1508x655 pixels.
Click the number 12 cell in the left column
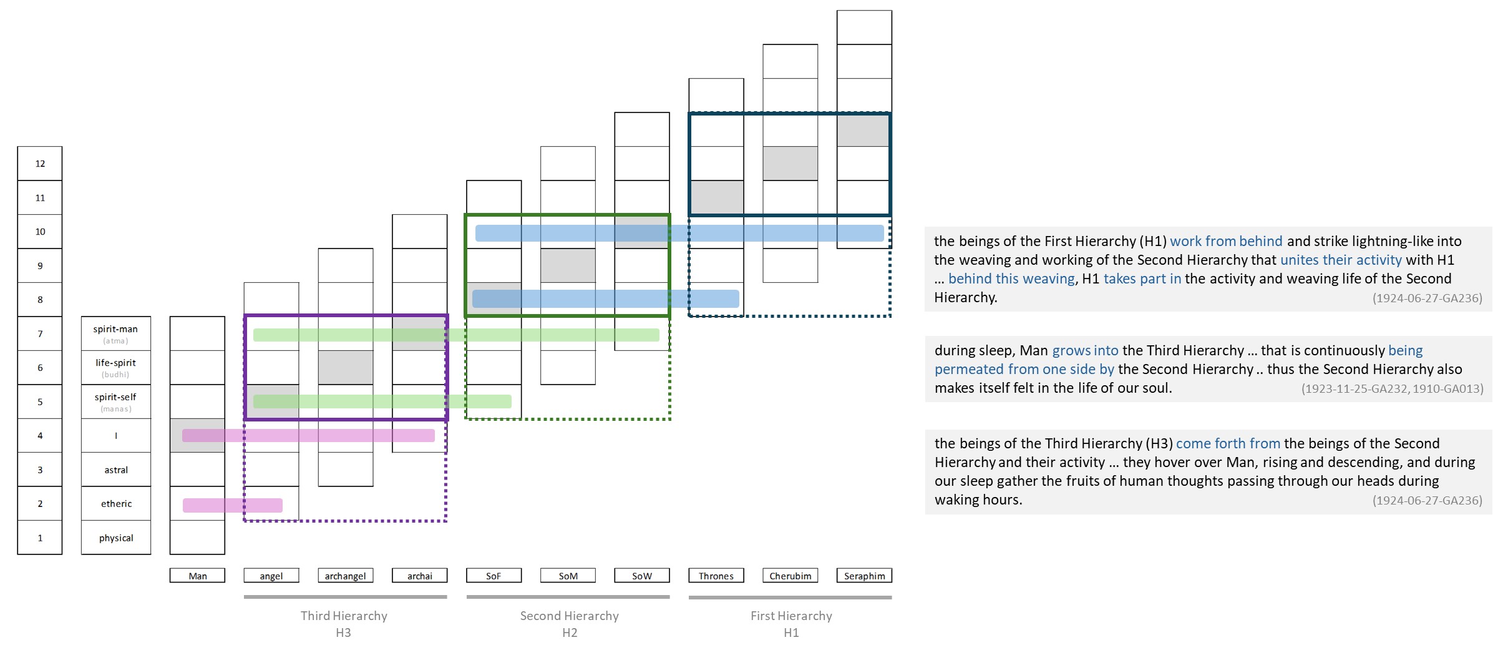pos(40,164)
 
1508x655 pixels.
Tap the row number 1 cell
pos(40,538)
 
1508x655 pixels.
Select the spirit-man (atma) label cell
pos(116,333)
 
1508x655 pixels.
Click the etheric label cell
pos(116,503)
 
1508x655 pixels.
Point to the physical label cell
pos(116,538)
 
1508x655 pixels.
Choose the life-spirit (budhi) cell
pos(116,367)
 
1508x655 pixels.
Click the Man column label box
pos(197,576)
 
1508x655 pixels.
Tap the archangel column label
pos(346,576)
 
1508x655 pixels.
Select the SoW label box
pos(642,576)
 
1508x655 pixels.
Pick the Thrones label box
pos(716,576)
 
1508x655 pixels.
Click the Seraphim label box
pos(864,576)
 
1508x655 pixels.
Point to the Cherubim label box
pos(790,576)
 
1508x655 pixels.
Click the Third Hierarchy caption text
pos(344,616)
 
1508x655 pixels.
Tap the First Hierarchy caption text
pos(791,616)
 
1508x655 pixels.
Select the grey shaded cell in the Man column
pos(197,435)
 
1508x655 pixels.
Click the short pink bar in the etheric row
pos(233,505)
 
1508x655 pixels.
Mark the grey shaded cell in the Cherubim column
pos(790,164)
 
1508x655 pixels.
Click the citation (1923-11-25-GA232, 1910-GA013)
pos(1393,388)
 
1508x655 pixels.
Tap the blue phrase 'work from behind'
pos(1226,241)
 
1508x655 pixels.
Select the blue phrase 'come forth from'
pos(1228,443)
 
